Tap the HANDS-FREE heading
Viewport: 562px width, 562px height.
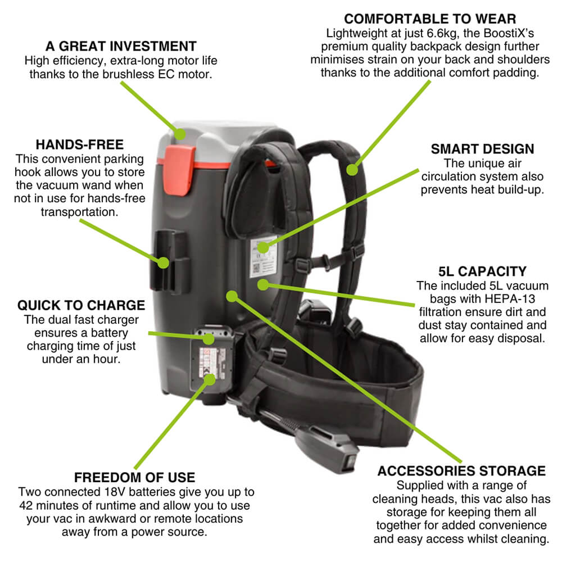(x=79, y=144)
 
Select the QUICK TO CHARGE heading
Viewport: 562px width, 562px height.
(x=81, y=305)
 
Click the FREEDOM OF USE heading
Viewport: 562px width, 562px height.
(x=135, y=478)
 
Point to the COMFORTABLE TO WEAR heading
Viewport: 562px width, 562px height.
(x=430, y=18)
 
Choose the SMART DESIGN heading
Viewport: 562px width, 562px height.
(x=482, y=149)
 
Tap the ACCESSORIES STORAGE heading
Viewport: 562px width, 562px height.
(x=461, y=470)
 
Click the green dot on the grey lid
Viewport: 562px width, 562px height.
(x=180, y=134)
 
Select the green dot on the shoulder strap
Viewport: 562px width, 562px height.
(x=352, y=168)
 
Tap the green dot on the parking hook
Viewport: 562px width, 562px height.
(x=163, y=262)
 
